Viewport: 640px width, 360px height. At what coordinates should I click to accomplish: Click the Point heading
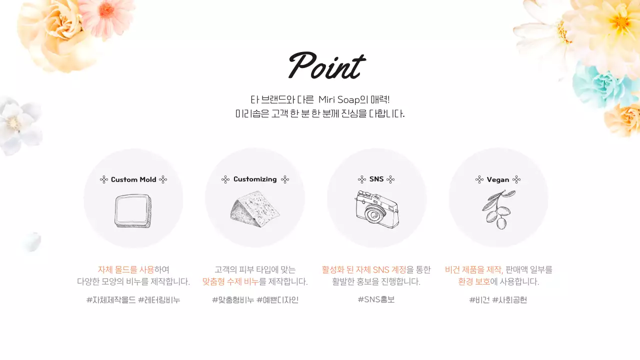click(326, 66)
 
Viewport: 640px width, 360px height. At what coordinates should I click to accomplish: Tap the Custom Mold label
click(133, 179)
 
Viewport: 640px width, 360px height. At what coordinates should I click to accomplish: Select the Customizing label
click(255, 179)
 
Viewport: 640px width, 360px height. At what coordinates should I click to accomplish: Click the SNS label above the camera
click(376, 179)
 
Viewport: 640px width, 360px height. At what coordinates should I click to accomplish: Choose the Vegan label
click(498, 179)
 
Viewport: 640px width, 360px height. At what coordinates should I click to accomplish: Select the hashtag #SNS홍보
click(376, 299)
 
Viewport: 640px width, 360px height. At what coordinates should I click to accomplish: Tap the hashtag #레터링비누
click(159, 300)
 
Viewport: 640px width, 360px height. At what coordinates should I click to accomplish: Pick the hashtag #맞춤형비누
click(233, 300)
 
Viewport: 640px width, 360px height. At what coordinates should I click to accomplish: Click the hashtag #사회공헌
click(509, 300)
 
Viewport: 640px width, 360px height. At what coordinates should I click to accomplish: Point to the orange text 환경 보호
click(474, 281)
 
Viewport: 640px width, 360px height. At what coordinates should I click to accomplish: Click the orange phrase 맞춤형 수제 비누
click(230, 281)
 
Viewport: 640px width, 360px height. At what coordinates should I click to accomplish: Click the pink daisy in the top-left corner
click(108, 12)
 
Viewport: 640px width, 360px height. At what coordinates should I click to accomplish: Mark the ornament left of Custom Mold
click(104, 179)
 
